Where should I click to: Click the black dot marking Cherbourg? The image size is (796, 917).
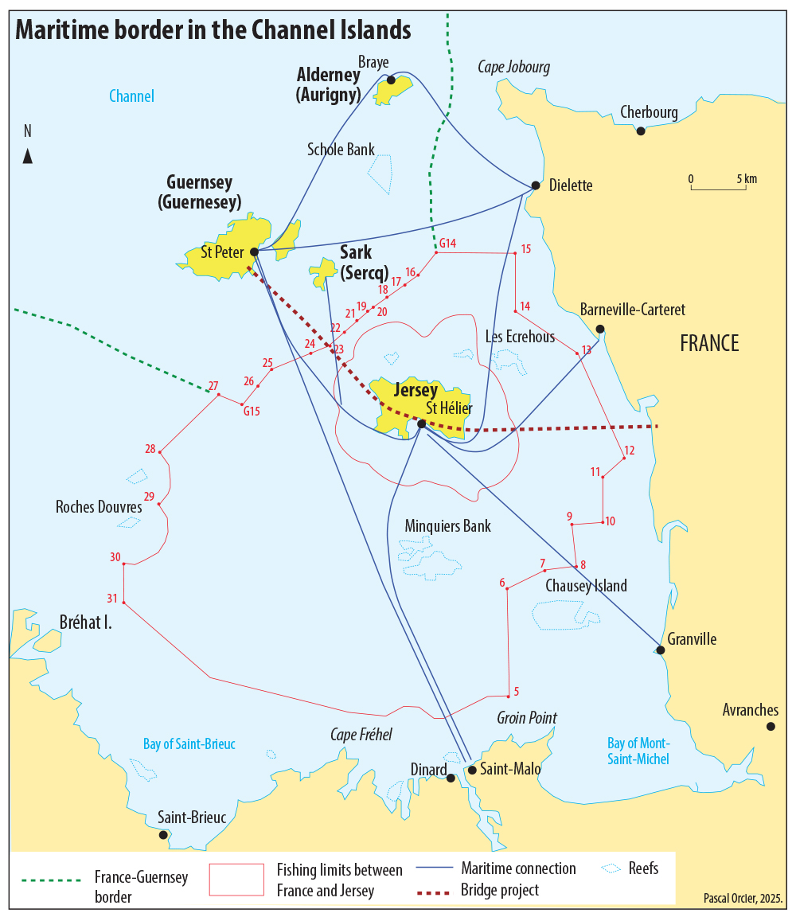(641, 131)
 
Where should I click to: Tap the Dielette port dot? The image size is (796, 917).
(536, 185)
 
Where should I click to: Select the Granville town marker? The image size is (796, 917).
(660, 650)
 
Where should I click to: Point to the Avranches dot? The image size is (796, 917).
(771, 726)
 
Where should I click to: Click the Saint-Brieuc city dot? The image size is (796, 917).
(163, 834)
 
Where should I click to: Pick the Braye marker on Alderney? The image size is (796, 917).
(391, 80)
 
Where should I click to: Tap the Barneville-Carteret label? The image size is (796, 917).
(632, 310)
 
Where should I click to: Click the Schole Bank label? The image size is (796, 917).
(341, 150)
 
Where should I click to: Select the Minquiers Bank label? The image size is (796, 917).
(447, 526)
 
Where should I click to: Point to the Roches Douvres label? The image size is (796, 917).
(99, 506)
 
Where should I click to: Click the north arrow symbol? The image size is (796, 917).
(28, 155)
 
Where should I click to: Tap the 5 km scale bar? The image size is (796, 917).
(724, 188)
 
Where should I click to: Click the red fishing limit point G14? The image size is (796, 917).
(436, 252)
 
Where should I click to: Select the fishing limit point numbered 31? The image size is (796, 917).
(124, 602)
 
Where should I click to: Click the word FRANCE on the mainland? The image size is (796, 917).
(709, 343)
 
